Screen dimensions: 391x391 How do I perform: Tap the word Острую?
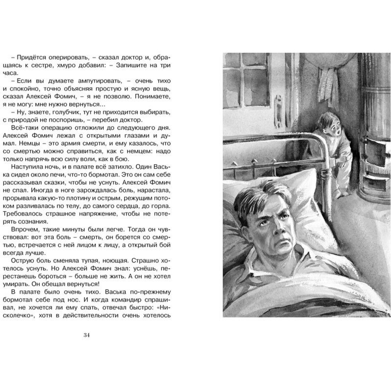pos(22,260)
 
